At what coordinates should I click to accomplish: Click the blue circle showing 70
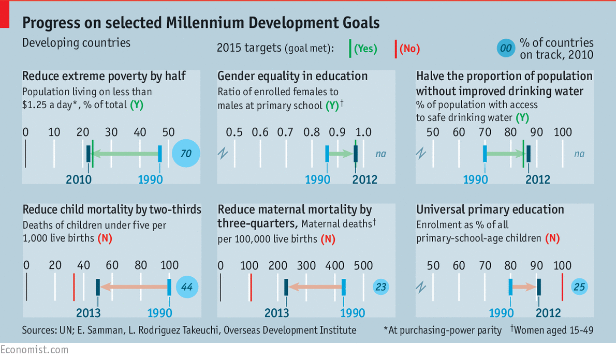coord(186,154)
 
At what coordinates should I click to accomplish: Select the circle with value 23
coord(381,287)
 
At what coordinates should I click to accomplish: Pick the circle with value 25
coord(580,287)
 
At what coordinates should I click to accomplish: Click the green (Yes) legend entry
coord(365,49)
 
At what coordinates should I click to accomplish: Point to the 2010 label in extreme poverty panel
coord(79,180)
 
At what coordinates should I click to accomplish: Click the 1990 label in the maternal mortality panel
coord(353,313)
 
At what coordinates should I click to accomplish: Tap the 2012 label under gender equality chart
coord(365,180)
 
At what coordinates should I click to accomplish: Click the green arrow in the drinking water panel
coord(506,154)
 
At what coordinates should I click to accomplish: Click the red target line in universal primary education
coord(562,287)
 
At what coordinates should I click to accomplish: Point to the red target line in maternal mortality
coord(251,287)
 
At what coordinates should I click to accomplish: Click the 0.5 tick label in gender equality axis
coord(234,132)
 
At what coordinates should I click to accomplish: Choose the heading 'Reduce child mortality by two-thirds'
coord(112,209)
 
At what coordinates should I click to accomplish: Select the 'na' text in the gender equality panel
coord(380,154)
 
